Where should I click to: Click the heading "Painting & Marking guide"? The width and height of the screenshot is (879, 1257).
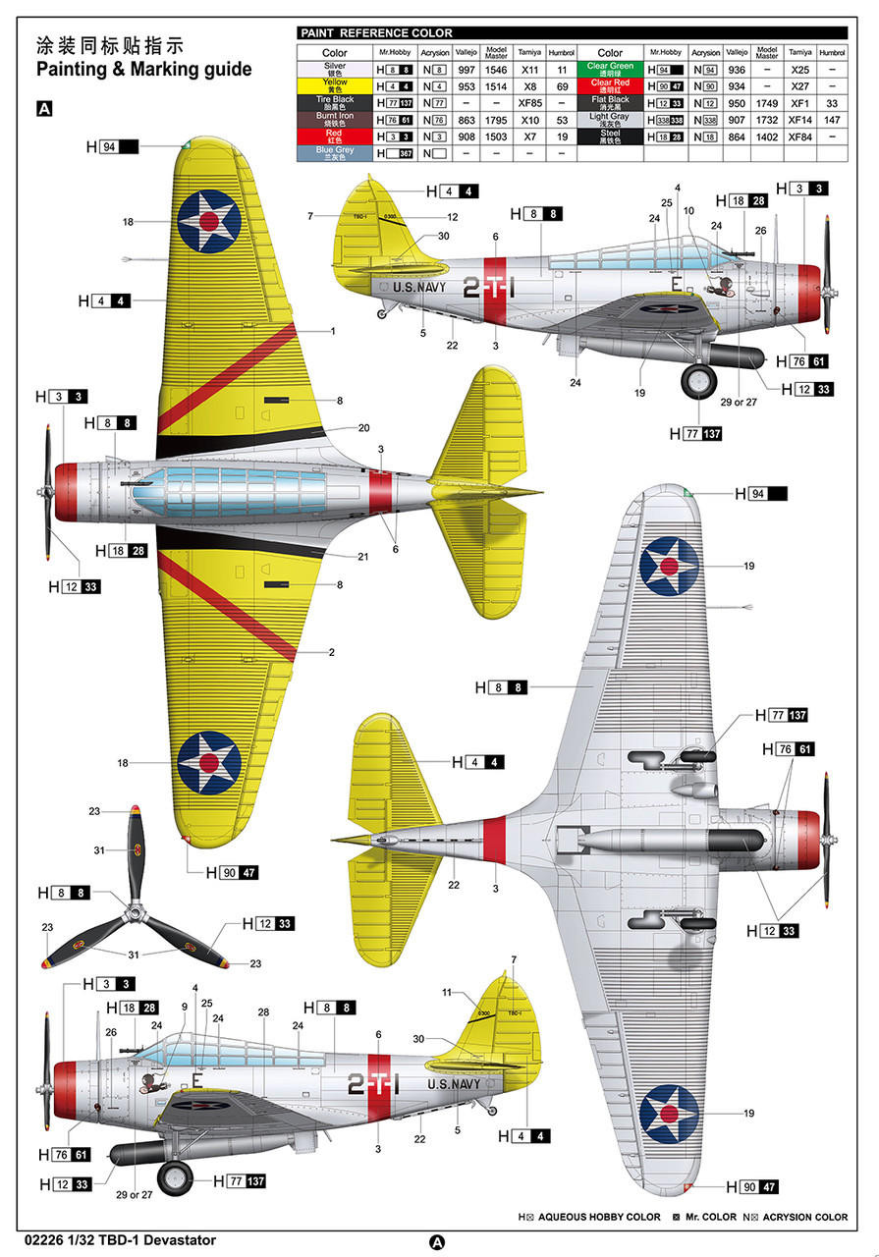coord(143,70)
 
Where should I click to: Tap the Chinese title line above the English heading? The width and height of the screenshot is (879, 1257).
coord(109,45)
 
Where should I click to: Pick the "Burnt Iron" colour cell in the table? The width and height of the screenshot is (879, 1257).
coord(334,119)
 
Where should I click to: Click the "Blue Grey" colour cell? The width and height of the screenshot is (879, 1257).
coord(334,153)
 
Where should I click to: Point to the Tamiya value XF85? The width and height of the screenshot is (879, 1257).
coord(529,102)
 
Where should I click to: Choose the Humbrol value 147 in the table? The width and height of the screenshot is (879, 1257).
coord(832,119)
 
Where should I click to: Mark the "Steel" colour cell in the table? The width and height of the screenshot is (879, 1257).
coord(610,136)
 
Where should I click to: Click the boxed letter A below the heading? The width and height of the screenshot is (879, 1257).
coord(43,109)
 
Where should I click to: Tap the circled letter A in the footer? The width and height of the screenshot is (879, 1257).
coord(437,1241)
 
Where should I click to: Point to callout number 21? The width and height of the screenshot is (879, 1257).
coord(362,557)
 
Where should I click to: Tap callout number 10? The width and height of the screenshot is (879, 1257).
coord(688,211)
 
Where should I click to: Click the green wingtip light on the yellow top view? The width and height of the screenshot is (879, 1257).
coord(186,144)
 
